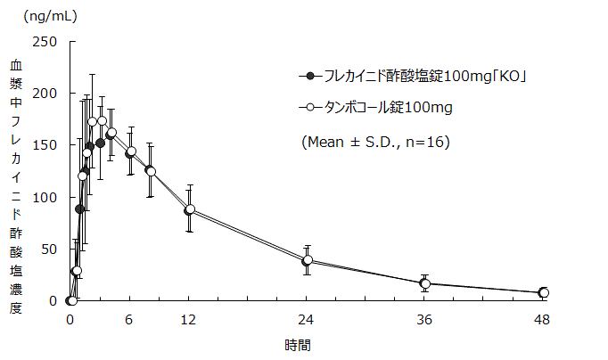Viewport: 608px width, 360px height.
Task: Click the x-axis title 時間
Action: (298, 344)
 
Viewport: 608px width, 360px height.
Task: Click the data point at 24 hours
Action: (308, 260)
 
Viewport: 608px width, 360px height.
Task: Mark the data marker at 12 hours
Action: (190, 210)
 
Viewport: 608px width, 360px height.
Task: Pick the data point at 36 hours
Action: (425, 283)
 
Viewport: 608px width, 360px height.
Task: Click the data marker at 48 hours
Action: (543, 292)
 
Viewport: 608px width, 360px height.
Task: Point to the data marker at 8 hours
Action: (151, 171)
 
